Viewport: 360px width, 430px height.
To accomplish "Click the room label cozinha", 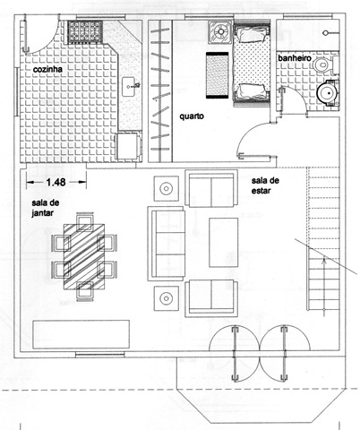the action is point(47,69).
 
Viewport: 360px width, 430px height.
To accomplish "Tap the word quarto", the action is point(192,116).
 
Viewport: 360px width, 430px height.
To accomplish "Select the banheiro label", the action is point(295,58).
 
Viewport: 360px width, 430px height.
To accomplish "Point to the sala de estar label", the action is point(265,185).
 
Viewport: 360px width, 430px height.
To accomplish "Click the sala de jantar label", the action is point(46,208).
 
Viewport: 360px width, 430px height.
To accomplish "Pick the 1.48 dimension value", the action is point(56,182).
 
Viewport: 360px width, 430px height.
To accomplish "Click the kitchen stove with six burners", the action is point(85,32).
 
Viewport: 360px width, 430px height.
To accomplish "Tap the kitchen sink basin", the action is point(129,87).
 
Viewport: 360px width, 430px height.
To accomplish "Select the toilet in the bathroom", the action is point(324,64).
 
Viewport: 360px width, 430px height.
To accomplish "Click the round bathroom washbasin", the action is point(328,93).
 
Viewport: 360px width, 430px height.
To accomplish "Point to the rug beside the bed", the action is point(217,75).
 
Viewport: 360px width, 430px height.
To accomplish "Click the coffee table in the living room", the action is point(224,242).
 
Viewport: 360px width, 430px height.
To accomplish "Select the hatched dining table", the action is point(84,257).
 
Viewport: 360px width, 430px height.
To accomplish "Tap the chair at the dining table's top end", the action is point(85,221).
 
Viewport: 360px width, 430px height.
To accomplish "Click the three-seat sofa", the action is point(166,244).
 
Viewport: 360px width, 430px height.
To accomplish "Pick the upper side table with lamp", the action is point(167,188).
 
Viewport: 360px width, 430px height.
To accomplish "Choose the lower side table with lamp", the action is point(167,298).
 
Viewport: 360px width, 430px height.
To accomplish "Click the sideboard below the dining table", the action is point(81,334).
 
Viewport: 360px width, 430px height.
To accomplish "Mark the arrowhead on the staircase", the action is point(324,262).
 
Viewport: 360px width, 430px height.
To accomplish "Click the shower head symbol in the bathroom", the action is point(325,32).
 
